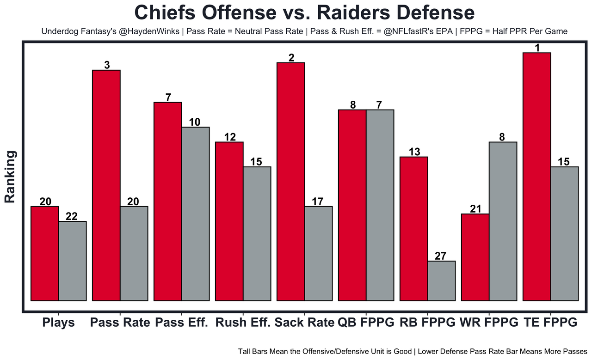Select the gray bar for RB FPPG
point(441,281)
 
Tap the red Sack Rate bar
point(290,182)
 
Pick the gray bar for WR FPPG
point(503,221)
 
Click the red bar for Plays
point(44,254)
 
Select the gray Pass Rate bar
point(134,254)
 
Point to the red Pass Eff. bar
point(167,201)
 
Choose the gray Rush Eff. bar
point(257,234)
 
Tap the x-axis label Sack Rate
point(304,323)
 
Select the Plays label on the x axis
point(58,323)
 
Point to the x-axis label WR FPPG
point(489,323)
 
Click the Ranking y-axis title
point(11,177)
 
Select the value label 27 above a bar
point(441,256)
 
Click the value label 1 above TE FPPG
point(536,48)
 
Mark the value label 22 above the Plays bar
point(72,216)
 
